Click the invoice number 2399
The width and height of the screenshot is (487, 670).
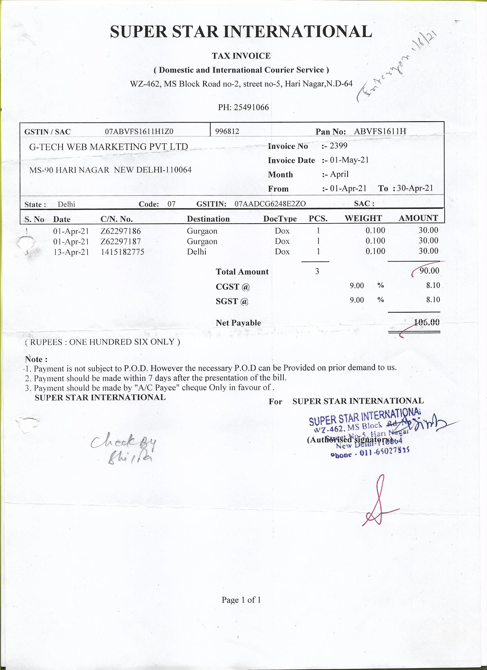coord(338,146)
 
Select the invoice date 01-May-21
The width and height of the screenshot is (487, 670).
coord(349,160)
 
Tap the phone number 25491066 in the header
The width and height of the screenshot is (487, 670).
coord(251,107)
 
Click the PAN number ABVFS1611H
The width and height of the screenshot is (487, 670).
coord(380,132)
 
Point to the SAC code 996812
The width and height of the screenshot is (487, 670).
coord(227,132)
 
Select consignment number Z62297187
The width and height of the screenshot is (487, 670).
coord(121,242)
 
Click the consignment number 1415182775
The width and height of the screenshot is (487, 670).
coord(123,252)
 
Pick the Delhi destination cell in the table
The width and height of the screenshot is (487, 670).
coord(197,252)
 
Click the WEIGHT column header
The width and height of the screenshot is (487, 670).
coord(363,219)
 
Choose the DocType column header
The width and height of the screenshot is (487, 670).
coord(280,219)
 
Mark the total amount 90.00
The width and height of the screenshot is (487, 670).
coord(429,271)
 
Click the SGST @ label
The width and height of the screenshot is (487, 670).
coord(232,301)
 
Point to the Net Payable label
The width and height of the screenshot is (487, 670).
coord(238,323)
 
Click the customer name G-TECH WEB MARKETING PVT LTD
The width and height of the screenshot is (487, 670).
coord(108,147)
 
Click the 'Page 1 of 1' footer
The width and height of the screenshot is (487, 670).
coord(241,600)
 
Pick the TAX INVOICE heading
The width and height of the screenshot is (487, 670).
coord(241,56)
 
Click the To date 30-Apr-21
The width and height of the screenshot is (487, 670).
coord(415,189)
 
